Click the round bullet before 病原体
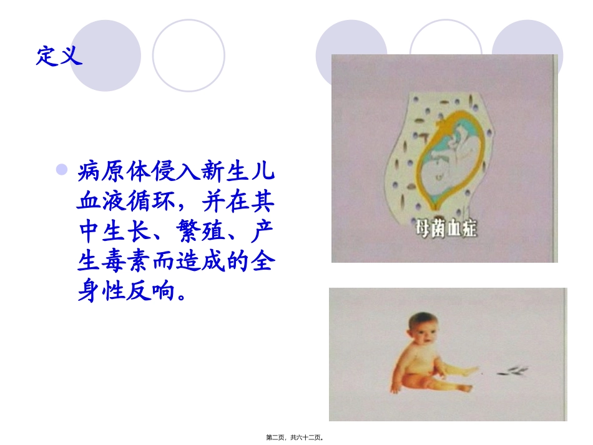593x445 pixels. click(x=61, y=169)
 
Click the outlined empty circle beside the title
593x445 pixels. click(x=188, y=56)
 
